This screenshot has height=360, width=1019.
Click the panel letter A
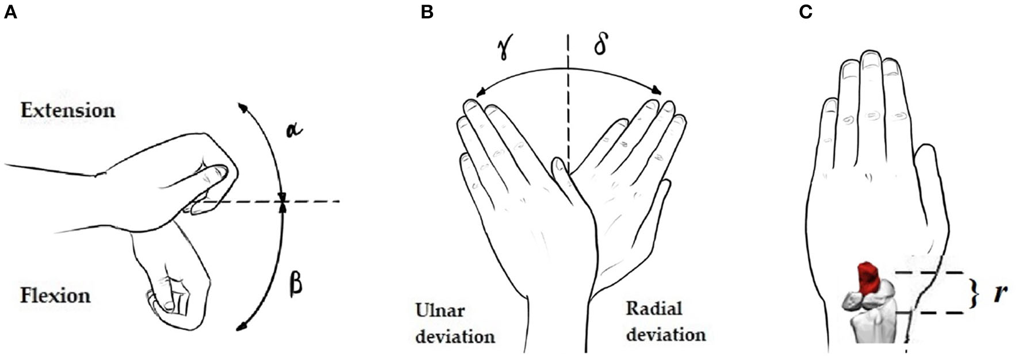10,12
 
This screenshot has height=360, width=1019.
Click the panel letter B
427,12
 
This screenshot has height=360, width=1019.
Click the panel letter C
805,12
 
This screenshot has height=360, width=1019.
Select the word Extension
68,110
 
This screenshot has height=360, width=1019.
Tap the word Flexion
55,296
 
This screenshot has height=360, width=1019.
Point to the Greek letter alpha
294,131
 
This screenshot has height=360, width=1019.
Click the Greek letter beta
296,284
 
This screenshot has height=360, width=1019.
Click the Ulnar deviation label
454,323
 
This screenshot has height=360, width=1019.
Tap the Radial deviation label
665,322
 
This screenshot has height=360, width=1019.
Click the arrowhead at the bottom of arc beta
242,328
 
